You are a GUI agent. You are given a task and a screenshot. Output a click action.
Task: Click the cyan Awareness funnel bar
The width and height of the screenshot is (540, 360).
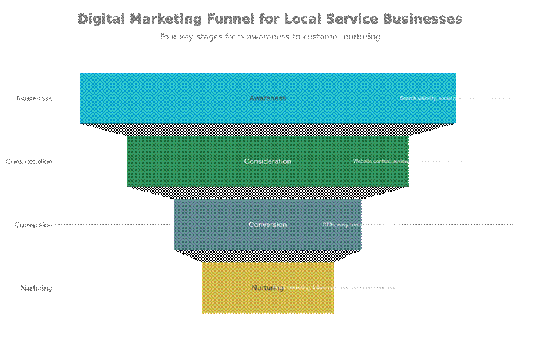point(173,98)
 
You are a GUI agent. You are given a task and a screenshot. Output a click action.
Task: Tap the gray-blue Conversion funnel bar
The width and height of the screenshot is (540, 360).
point(208,224)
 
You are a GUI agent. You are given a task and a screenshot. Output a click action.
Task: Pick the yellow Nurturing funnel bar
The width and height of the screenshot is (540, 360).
point(228,288)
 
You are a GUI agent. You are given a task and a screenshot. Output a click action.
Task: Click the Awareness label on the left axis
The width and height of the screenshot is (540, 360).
point(34,98)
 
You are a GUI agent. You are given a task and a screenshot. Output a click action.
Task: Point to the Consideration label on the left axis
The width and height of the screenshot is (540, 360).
point(29,161)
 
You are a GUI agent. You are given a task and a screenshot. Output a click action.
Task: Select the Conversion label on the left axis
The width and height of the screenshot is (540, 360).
point(33,224)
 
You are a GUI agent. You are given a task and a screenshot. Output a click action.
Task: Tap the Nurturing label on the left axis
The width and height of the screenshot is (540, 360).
point(36,288)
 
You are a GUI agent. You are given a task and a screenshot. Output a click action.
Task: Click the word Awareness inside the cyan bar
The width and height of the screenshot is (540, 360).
point(267,98)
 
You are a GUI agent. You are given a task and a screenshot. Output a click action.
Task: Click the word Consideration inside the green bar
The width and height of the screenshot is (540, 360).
point(267,161)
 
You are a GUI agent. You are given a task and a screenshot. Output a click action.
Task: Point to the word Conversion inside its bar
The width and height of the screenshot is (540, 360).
point(267,224)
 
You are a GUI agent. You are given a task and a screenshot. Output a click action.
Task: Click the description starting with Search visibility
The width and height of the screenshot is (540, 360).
point(456,98)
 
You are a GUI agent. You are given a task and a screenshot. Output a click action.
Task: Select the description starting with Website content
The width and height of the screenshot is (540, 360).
point(408,161)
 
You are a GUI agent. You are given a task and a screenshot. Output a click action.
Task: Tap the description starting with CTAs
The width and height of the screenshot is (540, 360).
point(361,224)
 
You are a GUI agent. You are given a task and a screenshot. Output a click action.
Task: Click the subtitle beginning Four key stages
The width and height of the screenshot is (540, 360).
point(269,37)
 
